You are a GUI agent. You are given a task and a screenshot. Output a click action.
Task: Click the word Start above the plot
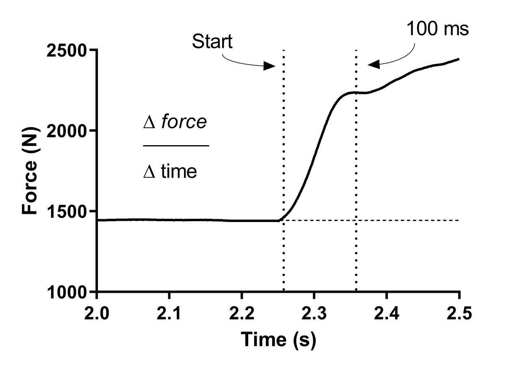(x=212, y=41)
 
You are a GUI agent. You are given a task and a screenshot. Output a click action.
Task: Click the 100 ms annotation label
(x=438, y=29)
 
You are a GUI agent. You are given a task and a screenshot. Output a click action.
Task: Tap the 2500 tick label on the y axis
(x=68, y=50)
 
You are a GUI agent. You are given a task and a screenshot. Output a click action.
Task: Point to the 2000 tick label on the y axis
(x=68, y=131)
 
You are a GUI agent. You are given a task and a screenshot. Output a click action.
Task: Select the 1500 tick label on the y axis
(x=68, y=211)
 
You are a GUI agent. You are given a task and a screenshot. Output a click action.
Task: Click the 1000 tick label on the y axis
(x=68, y=292)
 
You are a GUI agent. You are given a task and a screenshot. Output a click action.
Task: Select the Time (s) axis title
(x=278, y=340)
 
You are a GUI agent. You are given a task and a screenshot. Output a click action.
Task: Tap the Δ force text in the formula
(x=175, y=122)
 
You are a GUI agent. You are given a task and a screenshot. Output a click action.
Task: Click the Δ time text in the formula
(x=170, y=172)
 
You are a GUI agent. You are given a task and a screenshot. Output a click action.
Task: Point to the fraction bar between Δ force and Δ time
(x=175, y=145)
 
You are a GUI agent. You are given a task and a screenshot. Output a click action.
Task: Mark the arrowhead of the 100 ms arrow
(x=372, y=64)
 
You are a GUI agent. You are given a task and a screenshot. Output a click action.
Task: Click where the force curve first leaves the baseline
(x=279, y=220)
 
